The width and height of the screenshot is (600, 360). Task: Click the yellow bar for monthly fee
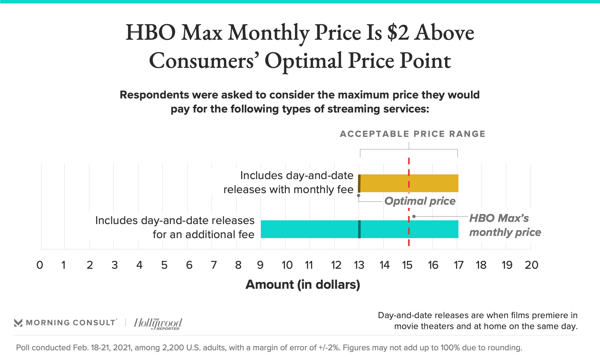click(x=431, y=183)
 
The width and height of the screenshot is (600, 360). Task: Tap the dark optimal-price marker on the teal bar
click(x=359, y=229)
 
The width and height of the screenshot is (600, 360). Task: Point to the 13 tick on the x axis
click(x=359, y=265)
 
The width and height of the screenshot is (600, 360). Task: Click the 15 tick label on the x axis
click(x=407, y=265)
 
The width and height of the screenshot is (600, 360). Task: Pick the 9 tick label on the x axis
click(x=260, y=265)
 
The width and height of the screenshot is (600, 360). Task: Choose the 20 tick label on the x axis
click(x=531, y=265)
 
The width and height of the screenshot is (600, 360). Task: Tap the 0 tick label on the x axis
click(x=40, y=265)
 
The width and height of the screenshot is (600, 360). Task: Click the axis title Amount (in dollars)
click(x=303, y=285)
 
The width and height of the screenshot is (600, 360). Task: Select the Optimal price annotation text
click(x=420, y=201)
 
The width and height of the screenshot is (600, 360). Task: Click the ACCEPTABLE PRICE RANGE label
click(x=412, y=134)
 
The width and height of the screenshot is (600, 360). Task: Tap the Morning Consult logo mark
click(x=18, y=322)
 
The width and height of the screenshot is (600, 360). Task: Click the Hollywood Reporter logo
click(x=158, y=323)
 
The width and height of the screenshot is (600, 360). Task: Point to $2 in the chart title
click(x=398, y=32)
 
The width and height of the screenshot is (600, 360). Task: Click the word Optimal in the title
click(x=303, y=61)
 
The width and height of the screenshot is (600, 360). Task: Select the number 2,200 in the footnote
click(x=173, y=347)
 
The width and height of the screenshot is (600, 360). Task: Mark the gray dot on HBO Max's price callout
click(x=414, y=216)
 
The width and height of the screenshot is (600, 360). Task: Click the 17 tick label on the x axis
click(x=458, y=265)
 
